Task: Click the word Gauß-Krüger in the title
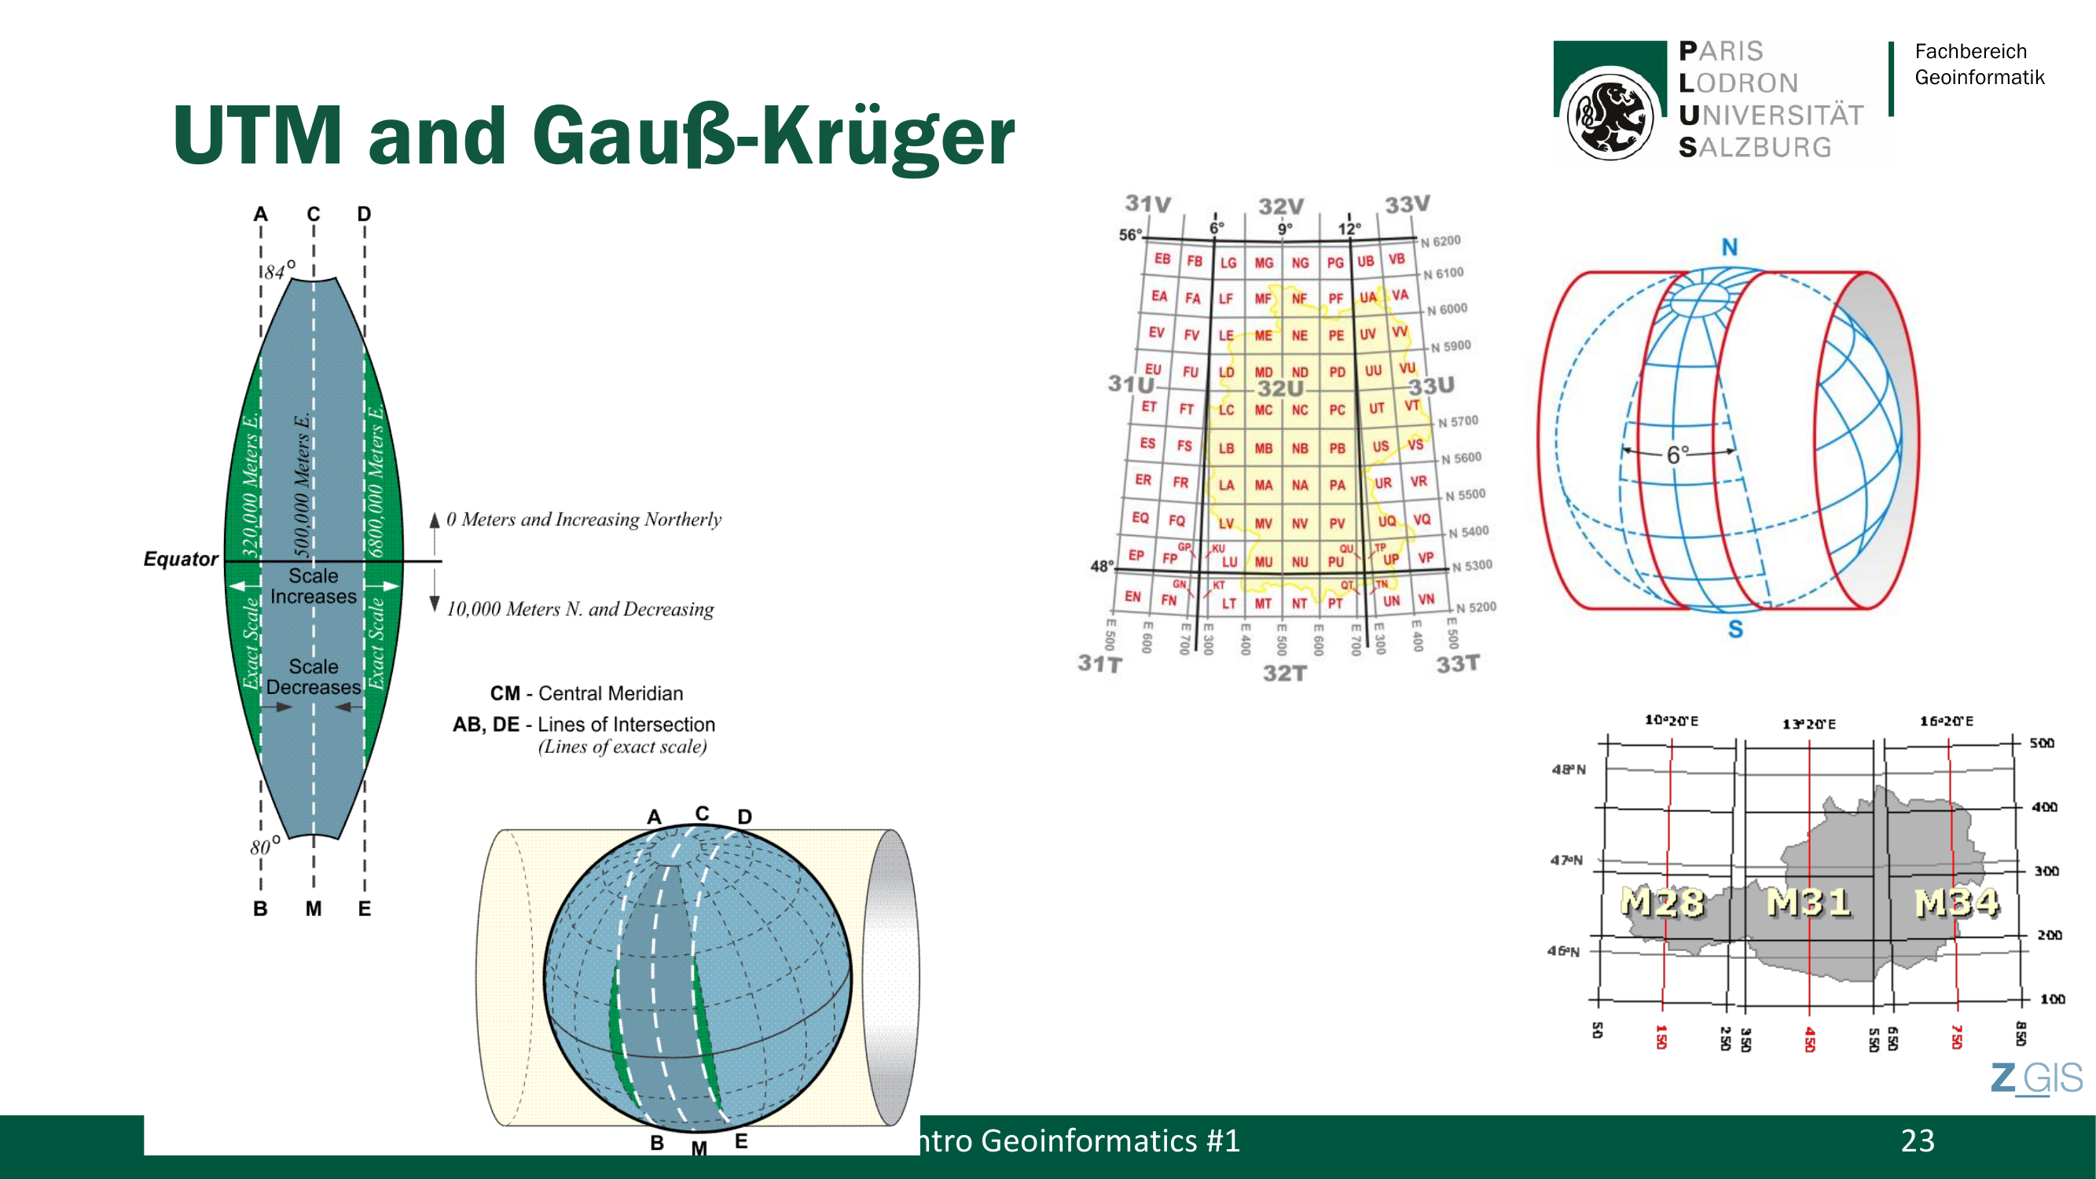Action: [x=773, y=137]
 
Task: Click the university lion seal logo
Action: [x=1609, y=114]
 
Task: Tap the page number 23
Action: [x=1917, y=1140]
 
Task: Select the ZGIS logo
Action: [x=2035, y=1079]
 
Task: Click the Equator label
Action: [x=181, y=559]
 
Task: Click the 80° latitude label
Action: [x=264, y=846]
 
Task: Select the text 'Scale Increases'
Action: [x=314, y=586]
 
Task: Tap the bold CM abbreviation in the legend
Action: [x=505, y=693]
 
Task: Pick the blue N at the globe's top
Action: [x=1729, y=248]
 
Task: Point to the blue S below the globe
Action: [x=1734, y=629]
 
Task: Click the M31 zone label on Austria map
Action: [x=1808, y=902]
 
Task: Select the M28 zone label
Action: [x=1661, y=902]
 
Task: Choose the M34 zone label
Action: [x=1956, y=902]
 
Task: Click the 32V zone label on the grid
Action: [x=1281, y=207]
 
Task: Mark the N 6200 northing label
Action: [x=1441, y=241]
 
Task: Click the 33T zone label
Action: [x=1457, y=664]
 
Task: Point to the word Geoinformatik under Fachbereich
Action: [x=1979, y=77]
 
